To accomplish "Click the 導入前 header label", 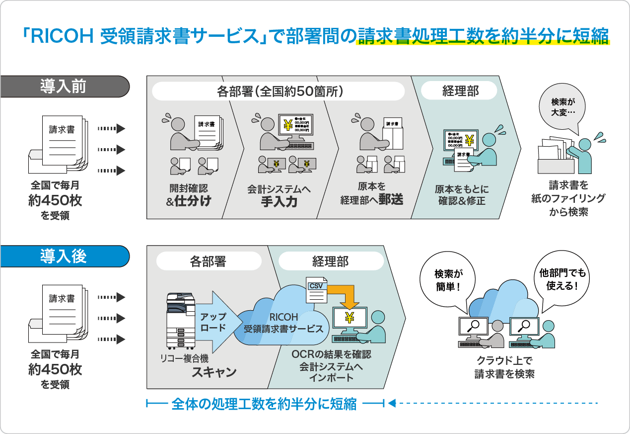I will (63, 87).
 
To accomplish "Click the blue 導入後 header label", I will (63, 256).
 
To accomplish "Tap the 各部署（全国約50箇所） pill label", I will (280, 91).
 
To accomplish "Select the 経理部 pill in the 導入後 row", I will (331, 261).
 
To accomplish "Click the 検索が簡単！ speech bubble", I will (448, 280).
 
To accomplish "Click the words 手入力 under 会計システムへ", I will (279, 202).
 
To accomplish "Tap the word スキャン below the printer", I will (214, 372).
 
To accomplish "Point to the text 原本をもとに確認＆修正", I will (462, 195).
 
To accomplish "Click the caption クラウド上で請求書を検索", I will (504, 367).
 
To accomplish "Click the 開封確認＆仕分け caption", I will (189, 195).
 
